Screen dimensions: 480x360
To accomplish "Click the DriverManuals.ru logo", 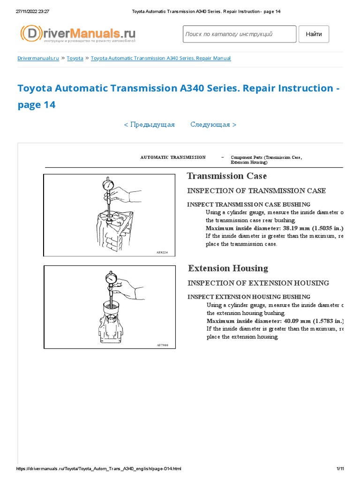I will tap(78, 34).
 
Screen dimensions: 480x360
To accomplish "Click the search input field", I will tap(239, 34).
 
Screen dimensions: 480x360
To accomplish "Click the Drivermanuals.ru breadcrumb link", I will tap(38, 58).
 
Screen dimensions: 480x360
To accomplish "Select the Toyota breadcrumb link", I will tap(75, 58).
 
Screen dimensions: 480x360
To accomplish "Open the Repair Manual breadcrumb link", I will tap(160, 58).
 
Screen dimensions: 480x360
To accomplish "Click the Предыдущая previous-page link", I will tap(149, 125).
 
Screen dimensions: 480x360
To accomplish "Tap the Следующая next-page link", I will tap(213, 125).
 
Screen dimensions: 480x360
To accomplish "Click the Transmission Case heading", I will tap(227, 176).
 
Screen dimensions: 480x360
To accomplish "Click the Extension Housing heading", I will tap(228, 269).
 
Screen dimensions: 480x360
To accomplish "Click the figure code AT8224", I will tap(162, 252).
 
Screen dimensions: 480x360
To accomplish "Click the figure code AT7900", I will tap(162, 345).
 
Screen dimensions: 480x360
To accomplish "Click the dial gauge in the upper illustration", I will tap(109, 185).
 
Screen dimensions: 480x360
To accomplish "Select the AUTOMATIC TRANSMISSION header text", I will tap(173, 157).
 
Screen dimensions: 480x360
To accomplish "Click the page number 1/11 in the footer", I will tap(340, 469).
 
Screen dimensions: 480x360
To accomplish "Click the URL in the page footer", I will tap(98, 469).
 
